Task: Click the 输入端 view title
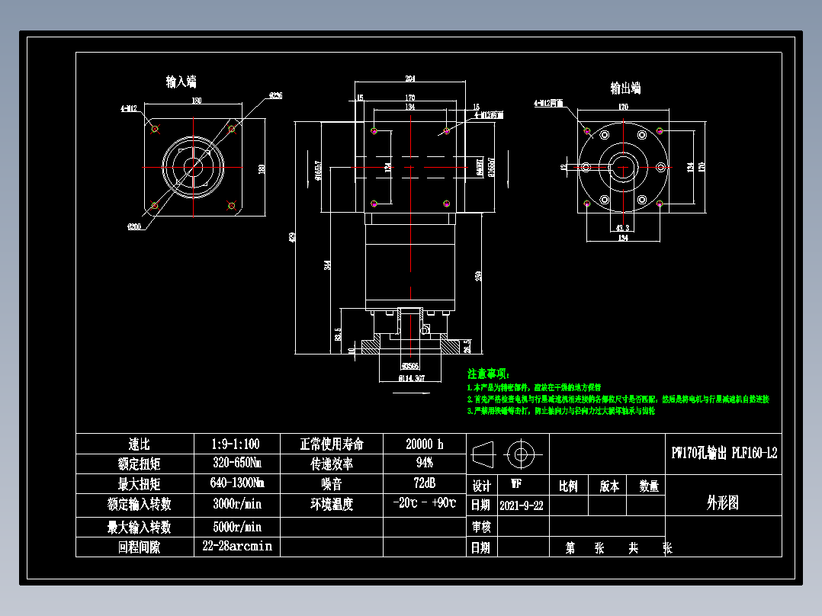[181, 82]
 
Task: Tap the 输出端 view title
[625, 88]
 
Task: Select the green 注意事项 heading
[488, 374]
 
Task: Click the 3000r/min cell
[236, 503]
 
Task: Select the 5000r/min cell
[236, 527]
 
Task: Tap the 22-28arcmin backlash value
[236, 547]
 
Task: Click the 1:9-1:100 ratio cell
[236, 444]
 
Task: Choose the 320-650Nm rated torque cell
[236, 464]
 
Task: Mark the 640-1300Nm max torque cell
[236, 483]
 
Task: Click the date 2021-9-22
[522, 505]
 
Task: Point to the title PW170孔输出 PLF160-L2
[724, 454]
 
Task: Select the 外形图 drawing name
[723, 503]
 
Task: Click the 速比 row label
[134, 444]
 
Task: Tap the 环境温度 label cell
[331, 504]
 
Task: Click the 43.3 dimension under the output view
[621, 227]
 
